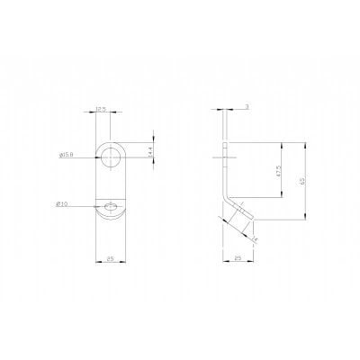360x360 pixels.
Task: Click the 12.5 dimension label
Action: (x=102, y=110)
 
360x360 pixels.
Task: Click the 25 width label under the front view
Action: (x=110, y=260)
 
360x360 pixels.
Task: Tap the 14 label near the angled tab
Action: (x=256, y=239)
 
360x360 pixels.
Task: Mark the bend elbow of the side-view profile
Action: (x=225, y=191)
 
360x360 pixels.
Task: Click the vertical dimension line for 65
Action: (x=308, y=180)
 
